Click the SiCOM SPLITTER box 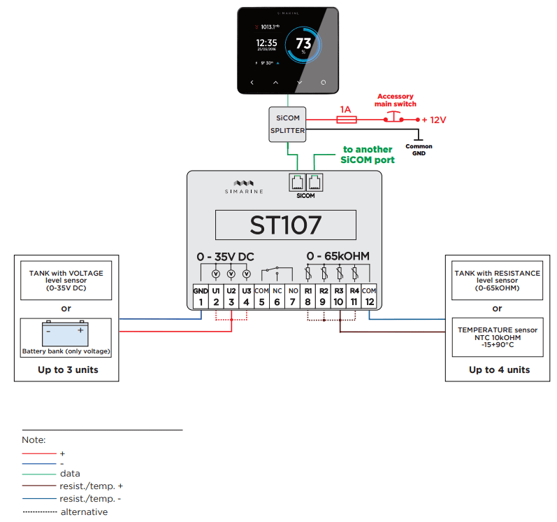point(287,124)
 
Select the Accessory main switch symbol point(394,117)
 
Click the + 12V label point(433,120)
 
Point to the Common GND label point(419,149)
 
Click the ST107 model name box point(285,225)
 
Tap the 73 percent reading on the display point(303,44)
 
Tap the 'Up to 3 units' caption point(68,369)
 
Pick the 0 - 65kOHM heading point(338,256)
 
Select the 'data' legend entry point(70,473)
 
